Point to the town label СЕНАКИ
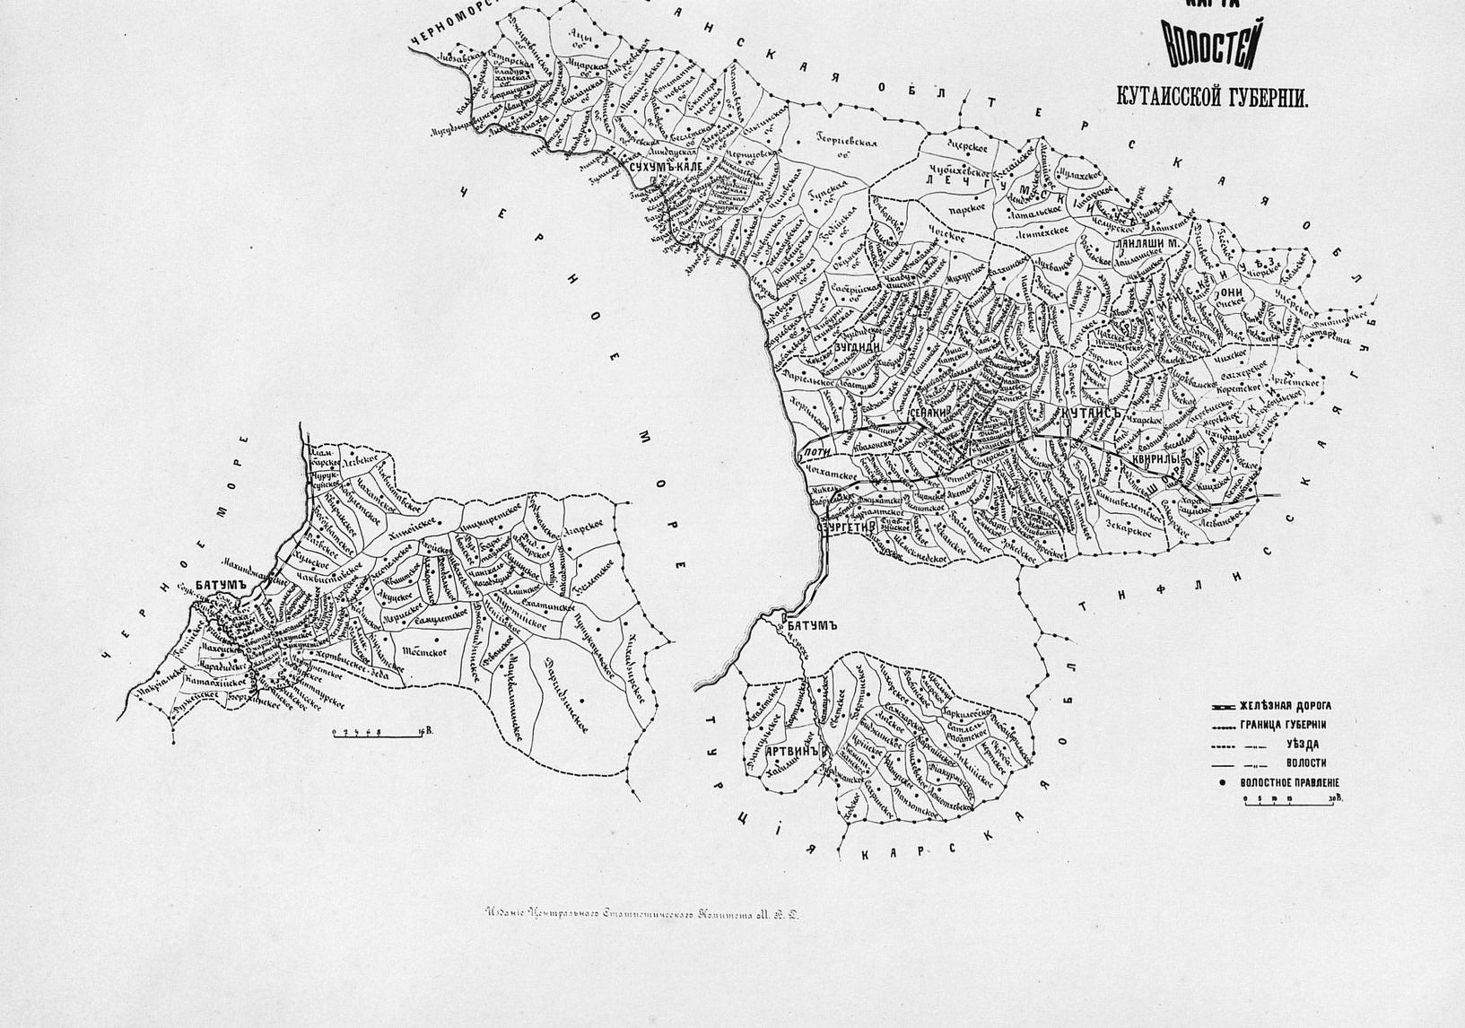929,412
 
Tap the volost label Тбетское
424,651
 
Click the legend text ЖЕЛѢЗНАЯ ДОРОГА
1286,706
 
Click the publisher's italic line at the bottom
641,916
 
